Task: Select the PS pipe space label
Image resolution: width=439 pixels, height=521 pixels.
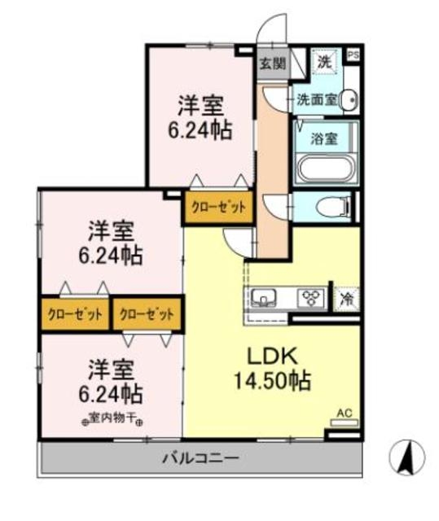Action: point(353,55)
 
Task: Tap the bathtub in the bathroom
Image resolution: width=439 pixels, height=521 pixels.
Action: point(325,169)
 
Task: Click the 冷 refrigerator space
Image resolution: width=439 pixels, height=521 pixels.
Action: point(347,297)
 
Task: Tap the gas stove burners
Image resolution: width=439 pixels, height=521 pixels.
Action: point(309,296)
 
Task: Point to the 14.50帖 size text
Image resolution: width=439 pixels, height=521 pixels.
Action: point(271,379)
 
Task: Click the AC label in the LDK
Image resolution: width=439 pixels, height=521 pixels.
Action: point(344,413)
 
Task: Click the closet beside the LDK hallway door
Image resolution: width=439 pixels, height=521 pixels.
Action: point(218,207)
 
